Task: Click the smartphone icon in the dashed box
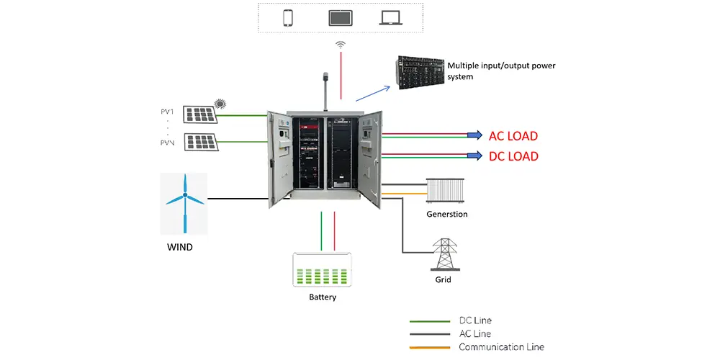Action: click(x=288, y=18)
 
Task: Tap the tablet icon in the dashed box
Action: click(x=339, y=18)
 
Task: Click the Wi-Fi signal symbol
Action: click(x=341, y=45)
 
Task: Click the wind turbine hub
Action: click(x=184, y=196)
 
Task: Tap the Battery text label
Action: click(x=323, y=297)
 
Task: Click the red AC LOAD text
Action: click(x=513, y=135)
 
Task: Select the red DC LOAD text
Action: click(x=513, y=156)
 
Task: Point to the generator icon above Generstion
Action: click(x=445, y=191)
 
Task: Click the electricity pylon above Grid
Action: click(x=443, y=254)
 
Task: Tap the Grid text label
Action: click(x=443, y=279)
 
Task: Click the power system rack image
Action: click(x=418, y=73)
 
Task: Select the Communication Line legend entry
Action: click(x=500, y=347)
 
